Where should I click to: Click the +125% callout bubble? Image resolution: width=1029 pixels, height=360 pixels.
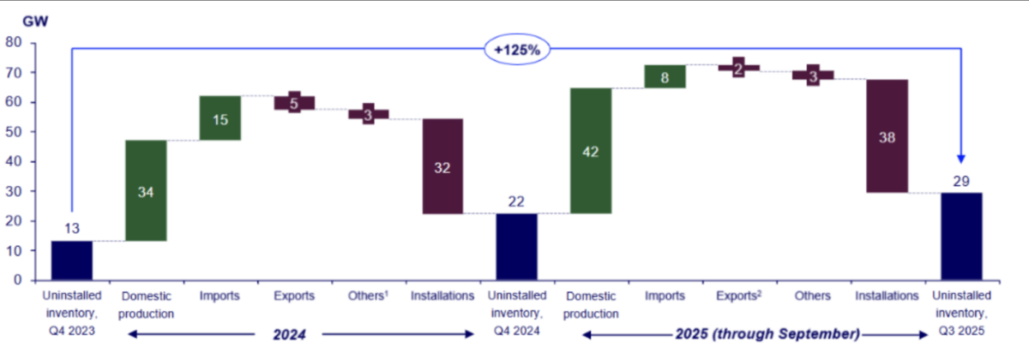[516, 50]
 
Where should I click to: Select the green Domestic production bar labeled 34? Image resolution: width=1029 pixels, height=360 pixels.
[146, 190]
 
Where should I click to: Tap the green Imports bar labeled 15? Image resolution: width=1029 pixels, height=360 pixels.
[220, 118]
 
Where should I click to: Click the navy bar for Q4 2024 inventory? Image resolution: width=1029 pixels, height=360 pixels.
[516, 246]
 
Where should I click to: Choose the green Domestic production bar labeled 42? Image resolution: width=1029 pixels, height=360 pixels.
[590, 151]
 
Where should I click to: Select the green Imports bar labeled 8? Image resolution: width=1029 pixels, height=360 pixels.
[665, 76]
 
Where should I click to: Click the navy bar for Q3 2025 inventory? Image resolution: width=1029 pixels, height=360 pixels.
[960, 236]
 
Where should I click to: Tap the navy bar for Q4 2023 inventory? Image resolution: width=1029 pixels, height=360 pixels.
[72, 260]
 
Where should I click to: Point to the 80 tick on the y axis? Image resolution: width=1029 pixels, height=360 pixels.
[15, 41]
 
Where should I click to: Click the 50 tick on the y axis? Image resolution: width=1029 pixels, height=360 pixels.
[15, 131]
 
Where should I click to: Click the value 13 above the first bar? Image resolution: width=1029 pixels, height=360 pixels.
[72, 229]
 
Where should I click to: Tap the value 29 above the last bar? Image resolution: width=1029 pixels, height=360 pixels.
[960, 180]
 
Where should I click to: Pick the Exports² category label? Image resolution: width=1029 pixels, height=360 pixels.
[738, 297]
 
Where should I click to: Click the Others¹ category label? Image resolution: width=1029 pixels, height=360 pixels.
[368, 297]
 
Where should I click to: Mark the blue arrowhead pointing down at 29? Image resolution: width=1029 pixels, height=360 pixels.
[960, 158]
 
